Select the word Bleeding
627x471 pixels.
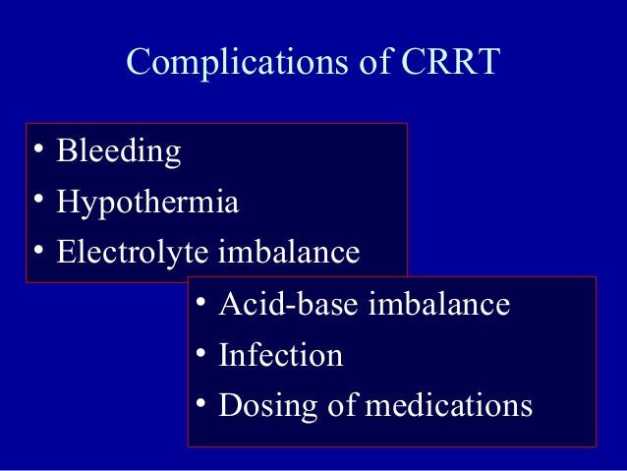pyautogui.click(x=119, y=152)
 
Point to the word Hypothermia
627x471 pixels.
pyautogui.click(x=147, y=204)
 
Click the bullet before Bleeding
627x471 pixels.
pyautogui.click(x=37, y=151)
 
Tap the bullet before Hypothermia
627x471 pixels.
pyautogui.click(x=37, y=203)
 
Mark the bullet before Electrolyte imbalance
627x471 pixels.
pyautogui.click(x=37, y=252)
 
